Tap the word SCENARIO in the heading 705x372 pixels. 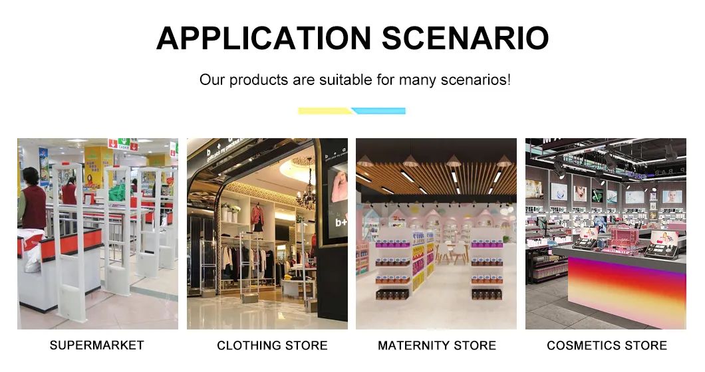(466, 39)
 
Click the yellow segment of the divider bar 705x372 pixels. (324, 111)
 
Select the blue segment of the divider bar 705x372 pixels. (379, 111)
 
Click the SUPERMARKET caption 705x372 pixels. (96, 345)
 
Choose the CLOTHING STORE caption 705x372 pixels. (272, 345)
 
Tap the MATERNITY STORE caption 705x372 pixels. (437, 345)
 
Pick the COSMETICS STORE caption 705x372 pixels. (607, 345)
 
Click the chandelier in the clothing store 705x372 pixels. (307, 195)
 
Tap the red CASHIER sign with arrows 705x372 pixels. (122, 144)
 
